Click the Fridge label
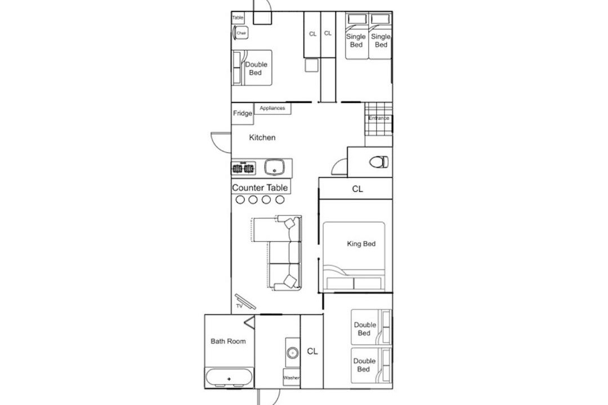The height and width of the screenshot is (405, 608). pos(242,113)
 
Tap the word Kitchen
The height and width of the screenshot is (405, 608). pos(262,137)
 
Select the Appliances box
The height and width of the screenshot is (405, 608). pos(272,109)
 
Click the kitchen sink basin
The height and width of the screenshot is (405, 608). pos(275,167)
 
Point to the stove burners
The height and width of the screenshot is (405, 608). pos(243,168)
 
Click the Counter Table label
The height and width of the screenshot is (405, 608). pos(260,187)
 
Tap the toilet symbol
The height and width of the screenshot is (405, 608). pos(379,161)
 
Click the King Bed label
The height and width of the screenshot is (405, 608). pos(361,244)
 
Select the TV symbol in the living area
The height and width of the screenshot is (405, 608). pos(245,301)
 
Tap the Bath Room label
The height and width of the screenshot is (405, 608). pos(228,341)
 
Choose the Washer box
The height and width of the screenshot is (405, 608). pos(291,377)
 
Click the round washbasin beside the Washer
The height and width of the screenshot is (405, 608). pos(292,353)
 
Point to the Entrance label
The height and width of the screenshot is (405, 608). pos(378,118)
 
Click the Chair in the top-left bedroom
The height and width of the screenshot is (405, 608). pos(240,33)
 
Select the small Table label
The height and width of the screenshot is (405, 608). pos(238,17)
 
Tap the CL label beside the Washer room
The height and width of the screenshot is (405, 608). pos(312,351)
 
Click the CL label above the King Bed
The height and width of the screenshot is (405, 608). pos(357,189)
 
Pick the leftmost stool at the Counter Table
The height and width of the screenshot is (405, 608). pos(240,200)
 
